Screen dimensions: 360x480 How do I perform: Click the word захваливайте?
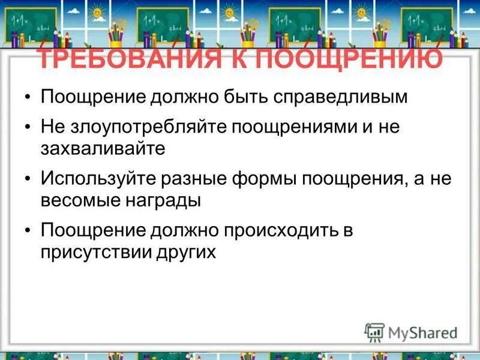coord(103,149)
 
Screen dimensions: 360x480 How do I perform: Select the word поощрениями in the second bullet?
coord(289,127)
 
